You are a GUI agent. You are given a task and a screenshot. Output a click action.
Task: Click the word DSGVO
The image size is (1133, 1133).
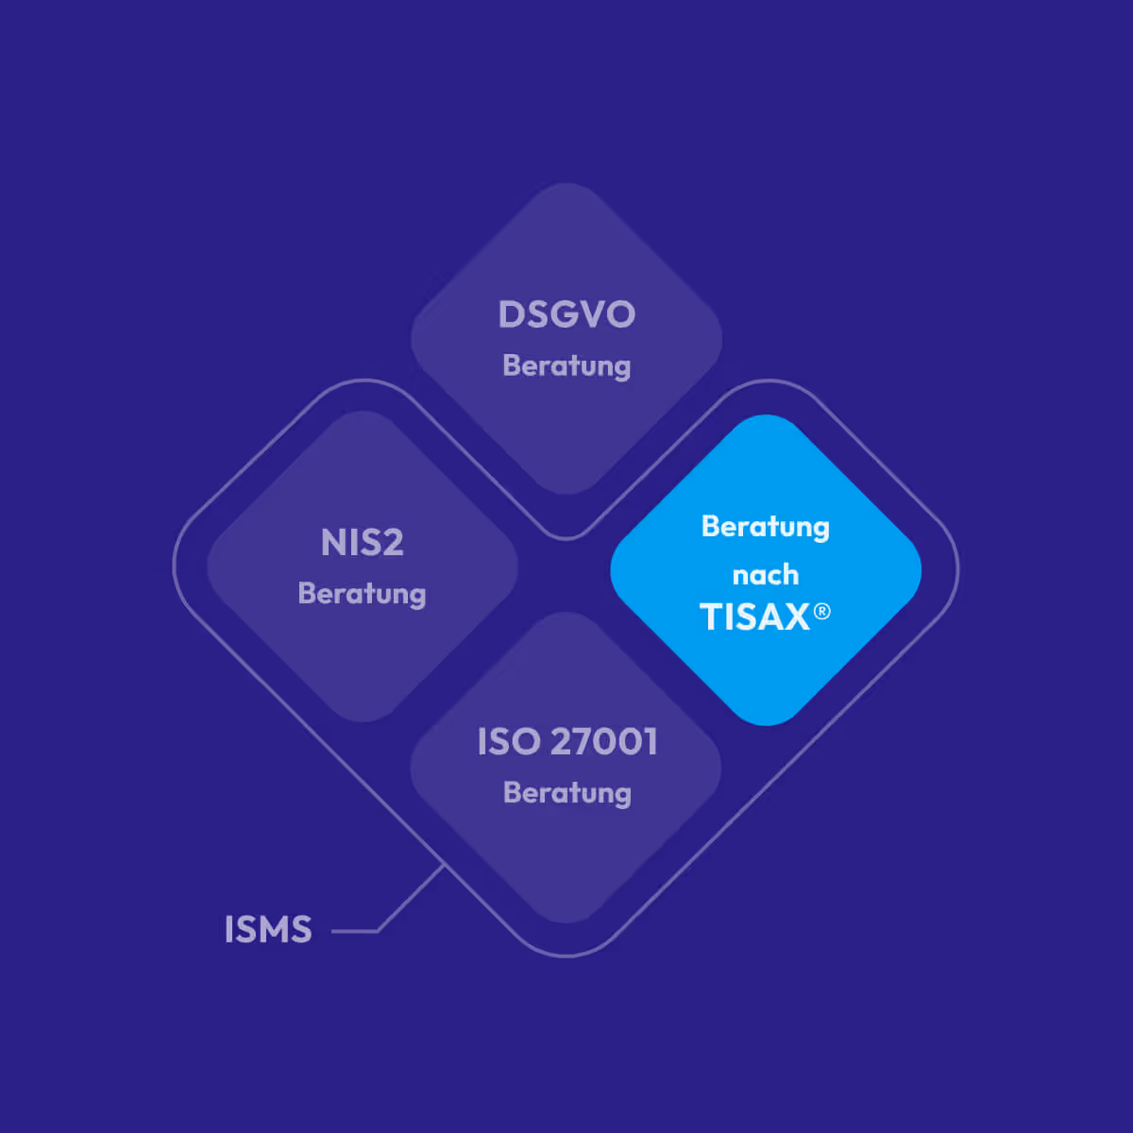(566, 314)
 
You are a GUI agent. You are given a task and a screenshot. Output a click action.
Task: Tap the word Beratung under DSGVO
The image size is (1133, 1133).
(566, 365)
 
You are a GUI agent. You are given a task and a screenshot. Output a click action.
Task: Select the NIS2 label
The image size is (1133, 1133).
(363, 543)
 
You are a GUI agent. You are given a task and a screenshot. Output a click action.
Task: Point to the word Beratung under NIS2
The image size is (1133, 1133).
(362, 594)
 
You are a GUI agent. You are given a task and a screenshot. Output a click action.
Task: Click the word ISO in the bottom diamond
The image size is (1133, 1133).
(509, 742)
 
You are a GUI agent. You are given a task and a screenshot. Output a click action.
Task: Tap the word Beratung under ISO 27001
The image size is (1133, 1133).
(566, 792)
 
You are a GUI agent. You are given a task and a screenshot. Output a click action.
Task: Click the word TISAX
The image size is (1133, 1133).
(754, 617)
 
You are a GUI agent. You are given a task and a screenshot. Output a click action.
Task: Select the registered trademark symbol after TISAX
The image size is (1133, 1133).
(822, 612)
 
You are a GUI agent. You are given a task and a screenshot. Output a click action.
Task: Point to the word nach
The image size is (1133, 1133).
(766, 574)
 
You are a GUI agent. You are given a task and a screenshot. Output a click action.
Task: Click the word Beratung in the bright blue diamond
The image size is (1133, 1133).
(766, 526)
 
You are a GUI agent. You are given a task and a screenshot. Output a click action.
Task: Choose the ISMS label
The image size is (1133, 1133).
(268, 930)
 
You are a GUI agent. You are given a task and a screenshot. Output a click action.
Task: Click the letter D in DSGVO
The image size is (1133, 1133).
(511, 314)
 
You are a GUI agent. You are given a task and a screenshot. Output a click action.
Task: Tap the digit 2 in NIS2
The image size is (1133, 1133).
(392, 543)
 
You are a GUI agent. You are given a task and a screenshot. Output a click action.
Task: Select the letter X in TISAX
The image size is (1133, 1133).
(796, 617)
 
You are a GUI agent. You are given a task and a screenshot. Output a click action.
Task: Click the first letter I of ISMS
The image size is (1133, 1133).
(228, 930)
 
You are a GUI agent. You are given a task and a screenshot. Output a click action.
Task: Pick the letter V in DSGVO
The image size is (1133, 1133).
(593, 314)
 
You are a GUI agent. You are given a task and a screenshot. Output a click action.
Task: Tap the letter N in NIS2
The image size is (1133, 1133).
(333, 543)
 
